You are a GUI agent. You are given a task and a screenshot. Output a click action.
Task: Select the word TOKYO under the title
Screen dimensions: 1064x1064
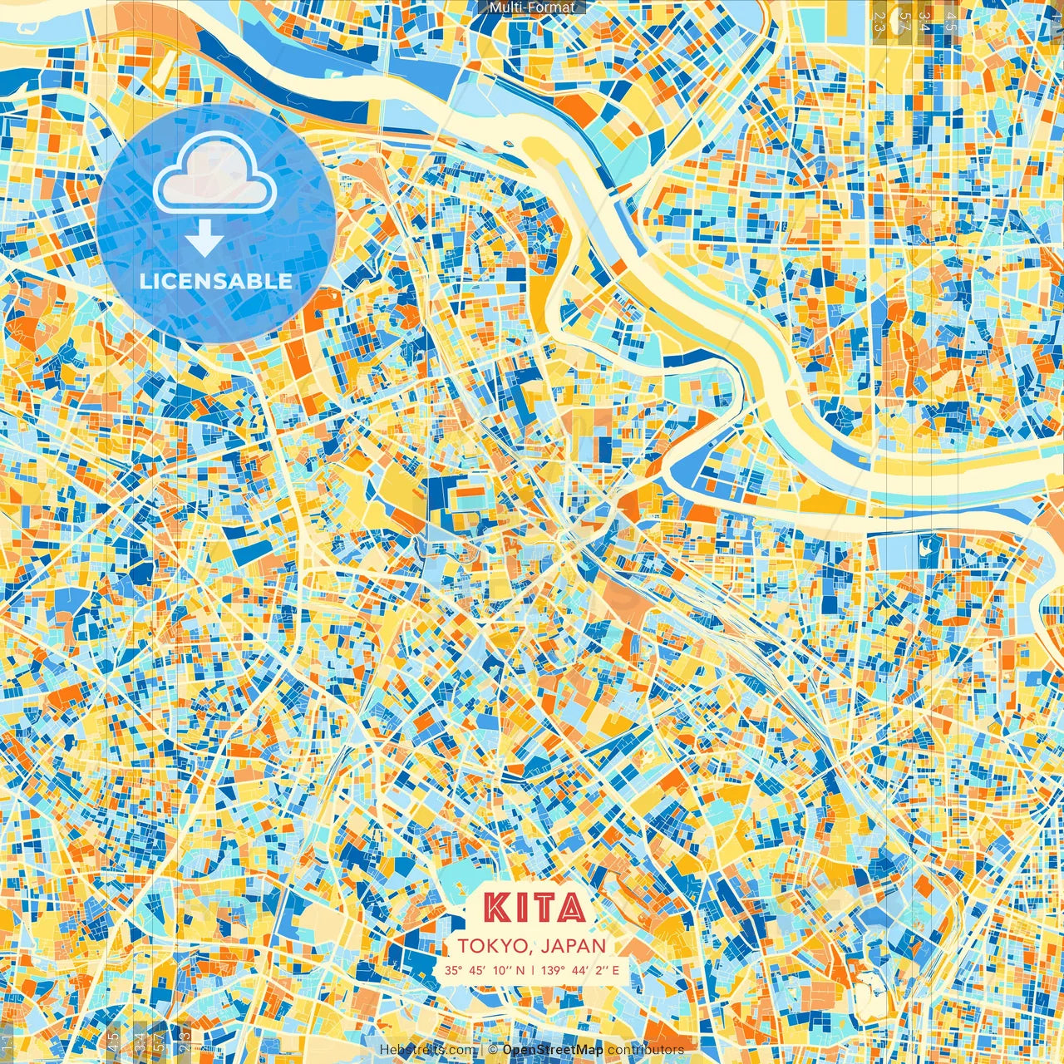click(x=491, y=946)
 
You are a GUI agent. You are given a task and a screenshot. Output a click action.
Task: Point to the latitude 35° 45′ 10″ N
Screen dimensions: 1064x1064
click(x=485, y=970)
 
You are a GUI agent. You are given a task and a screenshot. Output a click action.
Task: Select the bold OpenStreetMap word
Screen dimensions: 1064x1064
click(x=553, y=1050)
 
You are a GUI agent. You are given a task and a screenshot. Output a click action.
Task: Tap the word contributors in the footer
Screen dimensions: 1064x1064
click(x=646, y=1050)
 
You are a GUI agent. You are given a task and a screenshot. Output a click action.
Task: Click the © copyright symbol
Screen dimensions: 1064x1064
click(x=493, y=1050)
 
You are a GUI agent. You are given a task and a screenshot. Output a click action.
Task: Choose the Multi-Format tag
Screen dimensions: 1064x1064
click(x=532, y=7)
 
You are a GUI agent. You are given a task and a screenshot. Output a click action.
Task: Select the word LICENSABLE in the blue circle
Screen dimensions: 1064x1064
click(x=216, y=281)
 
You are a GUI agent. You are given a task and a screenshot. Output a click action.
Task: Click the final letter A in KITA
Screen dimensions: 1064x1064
click(x=569, y=908)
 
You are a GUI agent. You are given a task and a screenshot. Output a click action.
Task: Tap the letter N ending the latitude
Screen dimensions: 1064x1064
click(x=520, y=970)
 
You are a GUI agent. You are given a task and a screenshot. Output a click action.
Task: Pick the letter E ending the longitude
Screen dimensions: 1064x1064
click(x=615, y=970)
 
